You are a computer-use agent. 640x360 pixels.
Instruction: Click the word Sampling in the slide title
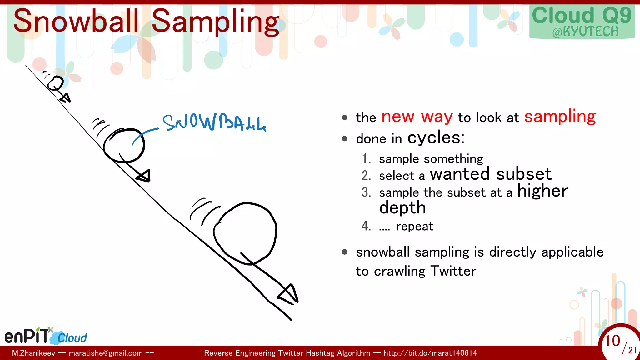click(x=215, y=22)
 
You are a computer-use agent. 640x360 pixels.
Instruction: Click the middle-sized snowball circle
click(x=124, y=146)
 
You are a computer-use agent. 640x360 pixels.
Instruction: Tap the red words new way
click(x=417, y=117)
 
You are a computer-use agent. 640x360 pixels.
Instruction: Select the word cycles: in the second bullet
click(x=436, y=137)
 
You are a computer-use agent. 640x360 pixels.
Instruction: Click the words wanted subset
click(x=491, y=174)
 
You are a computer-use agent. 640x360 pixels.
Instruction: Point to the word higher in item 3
click(x=542, y=191)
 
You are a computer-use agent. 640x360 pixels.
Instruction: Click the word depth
click(x=402, y=207)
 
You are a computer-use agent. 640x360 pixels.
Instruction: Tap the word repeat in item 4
click(x=414, y=226)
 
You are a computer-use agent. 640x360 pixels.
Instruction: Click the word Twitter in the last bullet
click(x=453, y=271)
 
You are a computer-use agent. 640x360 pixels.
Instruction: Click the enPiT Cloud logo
click(x=46, y=336)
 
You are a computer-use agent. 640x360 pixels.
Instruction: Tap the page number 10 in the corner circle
click(x=612, y=341)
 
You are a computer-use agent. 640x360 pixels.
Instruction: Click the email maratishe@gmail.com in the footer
click(x=106, y=353)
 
